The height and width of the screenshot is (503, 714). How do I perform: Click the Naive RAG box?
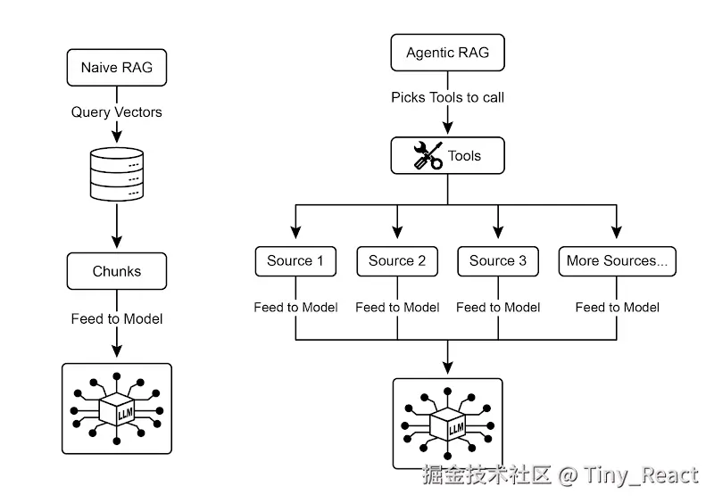pyautogui.click(x=117, y=68)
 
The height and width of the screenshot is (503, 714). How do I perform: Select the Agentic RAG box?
pyautogui.click(x=448, y=53)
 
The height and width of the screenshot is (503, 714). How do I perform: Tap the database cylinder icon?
pyautogui.click(x=117, y=174)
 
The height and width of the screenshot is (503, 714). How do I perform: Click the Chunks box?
pyautogui.click(x=117, y=271)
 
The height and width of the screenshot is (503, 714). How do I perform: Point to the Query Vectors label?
pyautogui.click(x=117, y=112)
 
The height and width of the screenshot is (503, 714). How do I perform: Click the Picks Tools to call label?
pyautogui.click(x=448, y=97)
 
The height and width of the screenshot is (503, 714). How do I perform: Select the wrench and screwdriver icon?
pyautogui.click(x=428, y=156)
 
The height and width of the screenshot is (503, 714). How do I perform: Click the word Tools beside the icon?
pyautogui.click(x=464, y=156)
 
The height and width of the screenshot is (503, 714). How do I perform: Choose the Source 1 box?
pyautogui.click(x=295, y=261)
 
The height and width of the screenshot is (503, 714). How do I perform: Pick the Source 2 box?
pyautogui.click(x=397, y=261)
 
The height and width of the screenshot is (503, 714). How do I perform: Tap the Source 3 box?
pyautogui.click(x=498, y=261)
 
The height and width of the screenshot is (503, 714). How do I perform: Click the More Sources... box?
pyautogui.click(x=618, y=261)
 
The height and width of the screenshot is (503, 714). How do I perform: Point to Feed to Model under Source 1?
pyautogui.click(x=296, y=308)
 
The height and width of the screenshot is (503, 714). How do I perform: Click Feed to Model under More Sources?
pyautogui.click(x=618, y=308)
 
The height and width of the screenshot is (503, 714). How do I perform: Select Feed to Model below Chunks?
pyautogui.click(x=117, y=318)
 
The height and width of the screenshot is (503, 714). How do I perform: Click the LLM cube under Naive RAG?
pyautogui.click(x=117, y=408)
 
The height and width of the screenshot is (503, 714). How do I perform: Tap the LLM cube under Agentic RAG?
pyautogui.click(x=448, y=424)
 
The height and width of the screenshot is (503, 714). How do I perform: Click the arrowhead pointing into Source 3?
pyautogui.click(x=498, y=232)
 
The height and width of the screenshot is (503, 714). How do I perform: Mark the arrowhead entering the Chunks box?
pyautogui.click(x=117, y=243)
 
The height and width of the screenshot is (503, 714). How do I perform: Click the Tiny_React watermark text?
pyautogui.click(x=640, y=475)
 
